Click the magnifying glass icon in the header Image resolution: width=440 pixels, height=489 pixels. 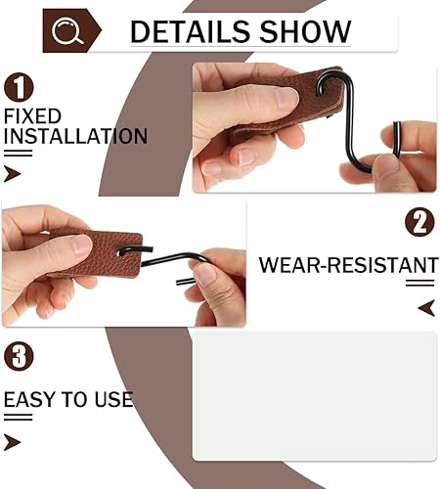[66, 30]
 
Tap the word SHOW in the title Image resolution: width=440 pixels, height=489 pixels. [306, 31]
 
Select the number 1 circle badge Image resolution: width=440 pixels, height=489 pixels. [19, 87]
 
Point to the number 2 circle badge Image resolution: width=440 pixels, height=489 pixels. [419, 222]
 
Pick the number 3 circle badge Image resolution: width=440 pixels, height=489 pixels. [19, 356]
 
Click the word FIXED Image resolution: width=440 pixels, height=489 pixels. [32, 116]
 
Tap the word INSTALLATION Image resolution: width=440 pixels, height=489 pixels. [75, 136]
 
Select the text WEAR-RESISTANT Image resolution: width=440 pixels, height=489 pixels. [348, 265]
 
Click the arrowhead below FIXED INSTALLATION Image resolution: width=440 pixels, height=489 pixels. [13, 173]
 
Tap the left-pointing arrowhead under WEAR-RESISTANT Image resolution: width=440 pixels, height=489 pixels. [426, 308]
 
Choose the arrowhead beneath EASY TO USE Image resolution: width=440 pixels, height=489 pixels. [13, 442]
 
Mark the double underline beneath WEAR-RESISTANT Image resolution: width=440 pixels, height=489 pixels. [420, 283]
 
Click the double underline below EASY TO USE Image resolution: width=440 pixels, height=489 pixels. [18, 417]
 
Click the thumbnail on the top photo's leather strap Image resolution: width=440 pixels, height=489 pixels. [287, 98]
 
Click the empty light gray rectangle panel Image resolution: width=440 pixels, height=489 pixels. [315, 396]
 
